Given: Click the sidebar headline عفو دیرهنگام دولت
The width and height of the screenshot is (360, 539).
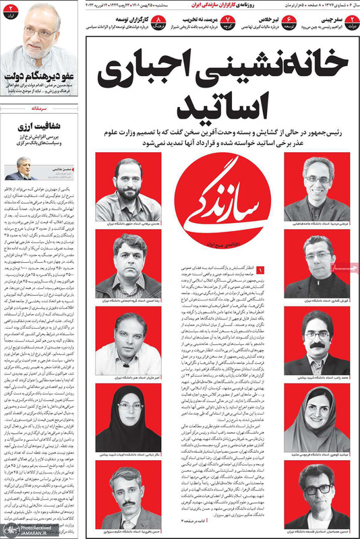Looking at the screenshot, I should (x=37, y=79).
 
